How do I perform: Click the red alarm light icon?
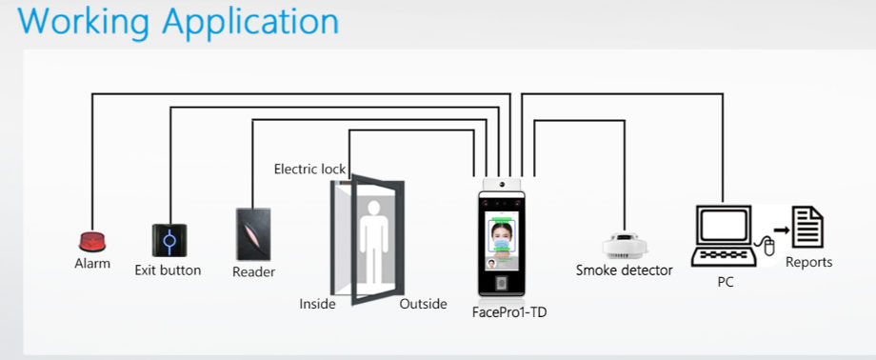click(92, 242)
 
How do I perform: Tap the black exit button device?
click(169, 241)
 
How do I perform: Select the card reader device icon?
click(253, 234)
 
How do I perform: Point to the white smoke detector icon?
click(625, 246)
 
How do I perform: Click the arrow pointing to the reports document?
click(782, 230)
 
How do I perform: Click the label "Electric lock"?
click(309, 170)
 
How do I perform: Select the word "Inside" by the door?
click(318, 305)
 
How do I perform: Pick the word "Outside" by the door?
click(423, 305)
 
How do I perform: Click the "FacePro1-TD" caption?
click(509, 311)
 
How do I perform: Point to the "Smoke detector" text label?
click(624, 270)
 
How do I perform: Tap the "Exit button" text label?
click(168, 270)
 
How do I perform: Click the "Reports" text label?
click(808, 262)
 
